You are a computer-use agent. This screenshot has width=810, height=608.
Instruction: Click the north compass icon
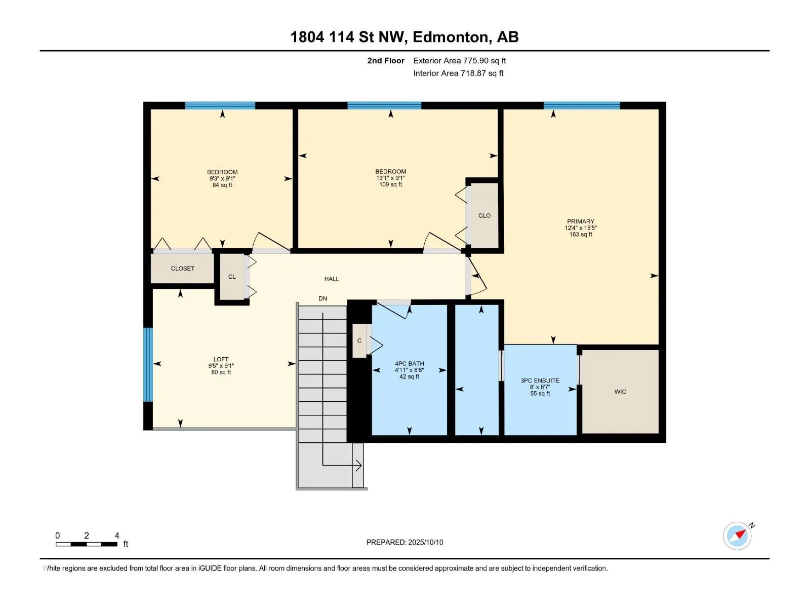pos(737,536)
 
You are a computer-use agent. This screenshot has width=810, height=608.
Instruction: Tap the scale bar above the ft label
pos(87,544)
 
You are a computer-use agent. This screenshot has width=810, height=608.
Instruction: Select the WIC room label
pos(620,392)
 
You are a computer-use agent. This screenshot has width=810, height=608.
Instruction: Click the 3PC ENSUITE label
pos(540,381)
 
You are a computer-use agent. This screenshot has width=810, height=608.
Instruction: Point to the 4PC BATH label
pos(409,364)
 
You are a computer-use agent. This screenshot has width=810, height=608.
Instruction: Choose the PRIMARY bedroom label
pos(581,221)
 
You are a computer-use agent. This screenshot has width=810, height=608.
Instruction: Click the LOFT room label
pos(221,359)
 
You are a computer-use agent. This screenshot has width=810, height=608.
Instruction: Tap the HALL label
pos(332,279)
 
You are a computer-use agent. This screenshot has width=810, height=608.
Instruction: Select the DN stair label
pos(322,298)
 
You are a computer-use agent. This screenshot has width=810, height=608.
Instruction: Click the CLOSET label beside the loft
pos(183,269)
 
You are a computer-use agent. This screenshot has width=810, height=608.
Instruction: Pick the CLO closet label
pos(484,216)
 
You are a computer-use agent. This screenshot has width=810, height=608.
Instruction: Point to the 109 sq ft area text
pos(390,184)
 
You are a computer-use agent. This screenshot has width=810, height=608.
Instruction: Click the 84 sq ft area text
pos(222,185)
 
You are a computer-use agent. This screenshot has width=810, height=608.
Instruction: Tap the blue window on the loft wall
pos(148,364)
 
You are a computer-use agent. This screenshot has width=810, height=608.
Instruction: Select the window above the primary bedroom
pos(582,105)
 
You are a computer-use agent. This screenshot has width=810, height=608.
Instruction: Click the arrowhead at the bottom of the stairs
pos(358,466)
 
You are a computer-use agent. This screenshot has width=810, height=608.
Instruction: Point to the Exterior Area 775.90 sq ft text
pos(460,60)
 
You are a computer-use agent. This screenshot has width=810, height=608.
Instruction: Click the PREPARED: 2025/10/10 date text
pos(404,542)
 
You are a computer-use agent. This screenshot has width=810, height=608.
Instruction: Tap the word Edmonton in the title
pos(452,37)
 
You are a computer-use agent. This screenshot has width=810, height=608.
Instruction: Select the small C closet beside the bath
pos(359,340)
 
